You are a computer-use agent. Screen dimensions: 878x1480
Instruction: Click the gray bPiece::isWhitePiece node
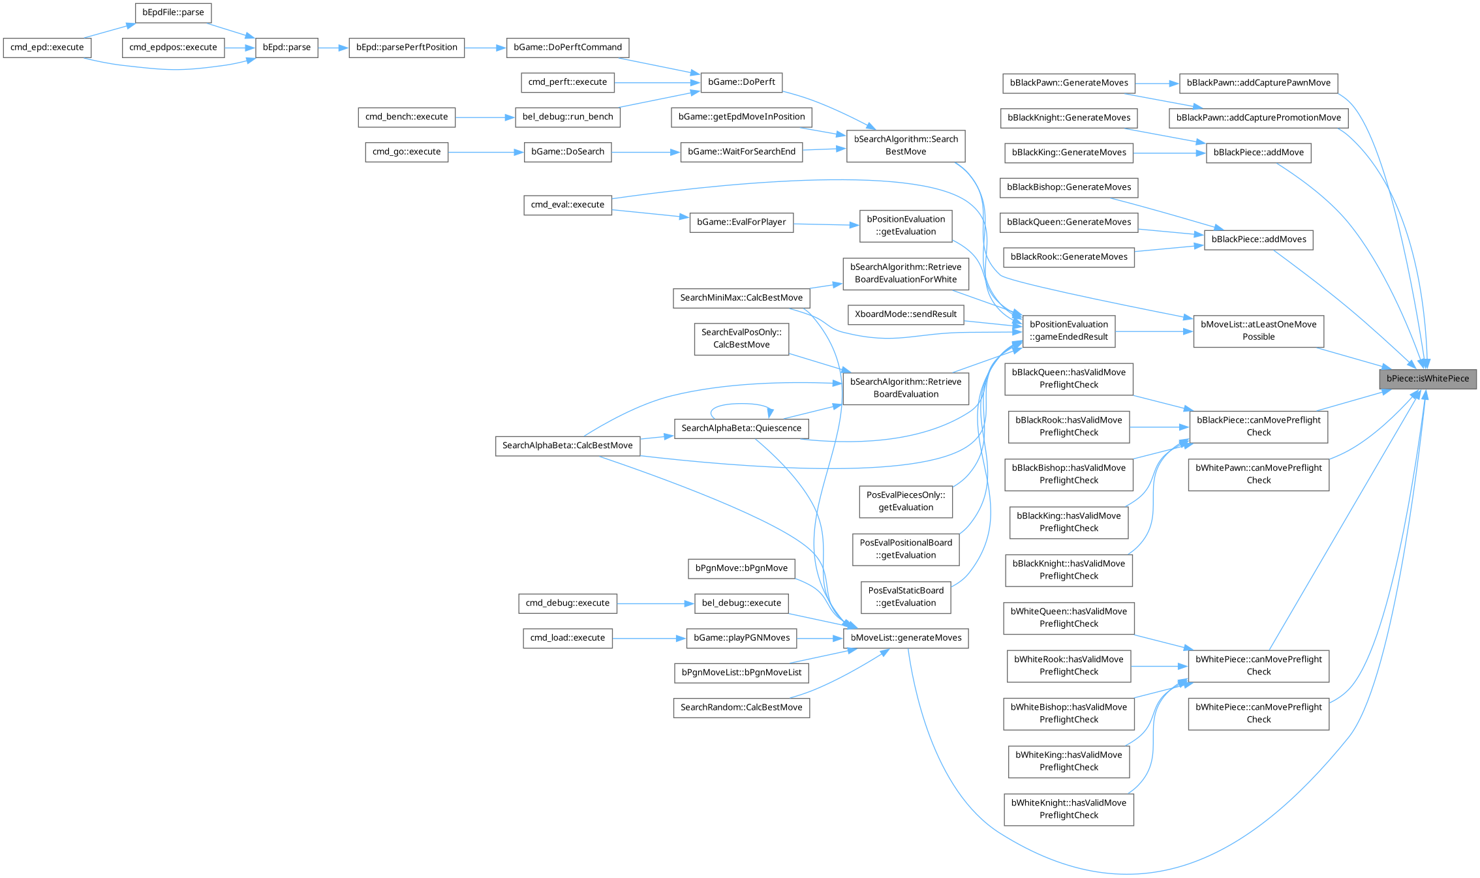pyautogui.click(x=1427, y=379)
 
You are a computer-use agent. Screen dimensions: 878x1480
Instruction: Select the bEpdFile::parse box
pyautogui.click(x=173, y=12)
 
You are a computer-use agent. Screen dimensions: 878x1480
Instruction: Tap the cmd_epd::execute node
pyautogui.click(x=47, y=48)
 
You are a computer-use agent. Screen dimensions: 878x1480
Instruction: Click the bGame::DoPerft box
pyautogui.click(x=741, y=82)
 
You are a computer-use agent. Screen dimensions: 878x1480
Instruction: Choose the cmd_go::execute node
pyautogui.click(x=407, y=152)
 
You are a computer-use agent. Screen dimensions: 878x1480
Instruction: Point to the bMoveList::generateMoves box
pyautogui.click(x=905, y=638)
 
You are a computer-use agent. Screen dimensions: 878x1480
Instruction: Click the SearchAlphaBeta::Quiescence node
pyautogui.click(x=741, y=429)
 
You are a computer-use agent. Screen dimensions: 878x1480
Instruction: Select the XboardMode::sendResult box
pyautogui.click(x=906, y=314)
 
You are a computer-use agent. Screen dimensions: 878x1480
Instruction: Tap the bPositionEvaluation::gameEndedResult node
pyautogui.click(x=1068, y=331)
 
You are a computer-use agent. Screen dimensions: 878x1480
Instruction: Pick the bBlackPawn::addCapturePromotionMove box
pyautogui.click(x=1258, y=118)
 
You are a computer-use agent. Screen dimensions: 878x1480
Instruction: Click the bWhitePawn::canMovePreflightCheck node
pyautogui.click(x=1258, y=474)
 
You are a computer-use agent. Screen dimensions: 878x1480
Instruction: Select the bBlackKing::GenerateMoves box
pyautogui.click(x=1068, y=153)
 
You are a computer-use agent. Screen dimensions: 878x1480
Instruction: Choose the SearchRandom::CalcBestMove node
pyautogui.click(x=741, y=708)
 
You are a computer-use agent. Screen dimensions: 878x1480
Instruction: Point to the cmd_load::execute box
pyautogui.click(x=567, y=638)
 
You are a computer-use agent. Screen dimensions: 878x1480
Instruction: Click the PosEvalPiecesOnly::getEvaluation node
pyautogui.click(x=905, y=501)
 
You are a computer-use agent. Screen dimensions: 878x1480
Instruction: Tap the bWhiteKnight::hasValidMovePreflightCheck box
pyautogui.click(x=1068, y=809)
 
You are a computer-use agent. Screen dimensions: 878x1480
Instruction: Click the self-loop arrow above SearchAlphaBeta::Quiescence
pyautogui.click(x=741, y=405)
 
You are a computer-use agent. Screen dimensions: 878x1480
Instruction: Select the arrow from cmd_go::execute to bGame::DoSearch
pyautogui.click(x=486, y=153)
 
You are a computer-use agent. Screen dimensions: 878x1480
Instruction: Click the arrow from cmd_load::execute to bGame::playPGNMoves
pyautogui.click(x=649, y=639)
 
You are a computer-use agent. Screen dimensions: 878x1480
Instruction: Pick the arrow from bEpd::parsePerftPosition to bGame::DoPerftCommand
pyautogui.click(x=486, y=48)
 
